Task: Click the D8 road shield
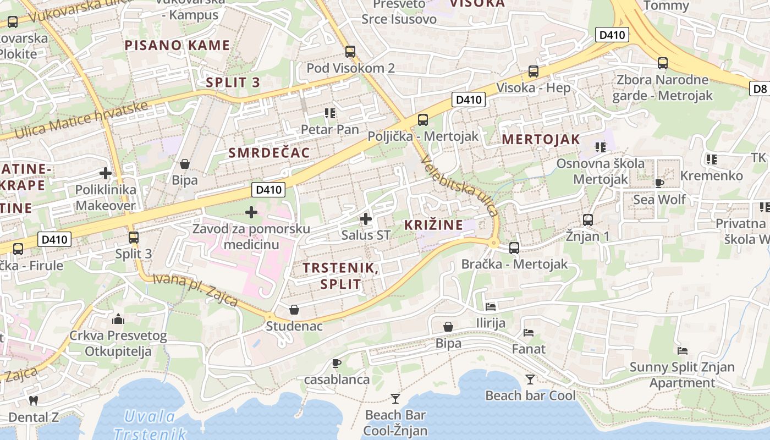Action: pyautogui.click(x=760, y=89)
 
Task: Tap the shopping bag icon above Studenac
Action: pyautogui.click(x=294, y=309)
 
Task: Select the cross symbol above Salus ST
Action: pyautogui.click(x=365, y=219)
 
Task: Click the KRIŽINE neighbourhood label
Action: pyautogui.click(x=433, y=224)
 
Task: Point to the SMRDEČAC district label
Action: pyautogui.click(x=269, y=153)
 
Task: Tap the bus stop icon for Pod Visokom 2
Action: pyautogui.click(x=350, y=52)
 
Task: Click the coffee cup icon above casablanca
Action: pyautogui.click(x=337, y=363)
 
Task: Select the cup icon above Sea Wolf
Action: pyautogui.click(x=659, y=183)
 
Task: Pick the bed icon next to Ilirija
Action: pyautogui.click(x=491, y=306)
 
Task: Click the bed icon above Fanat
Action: pyautogui.click(x=529, y=332)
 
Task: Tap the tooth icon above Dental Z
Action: pyautogui.click(x=33, y=400)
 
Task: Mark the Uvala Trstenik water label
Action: pyautogui.click(x=150, y=425)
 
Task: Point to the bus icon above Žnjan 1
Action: pyautogui.click(x=588, y=220)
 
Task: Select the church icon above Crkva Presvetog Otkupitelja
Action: pyautogui.click(x=118, y=319)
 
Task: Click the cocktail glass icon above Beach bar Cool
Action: pyautogui.click(x=530, y=379)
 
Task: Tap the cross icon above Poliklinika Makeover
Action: pyautogui.click(x=105, y=173)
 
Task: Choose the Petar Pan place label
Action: pyautogui.click(x=329, y=130)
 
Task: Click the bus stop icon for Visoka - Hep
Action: pyautogui.click(x=533, y=71)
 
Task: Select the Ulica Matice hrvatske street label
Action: pyautogui.click(x=81, y=119)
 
